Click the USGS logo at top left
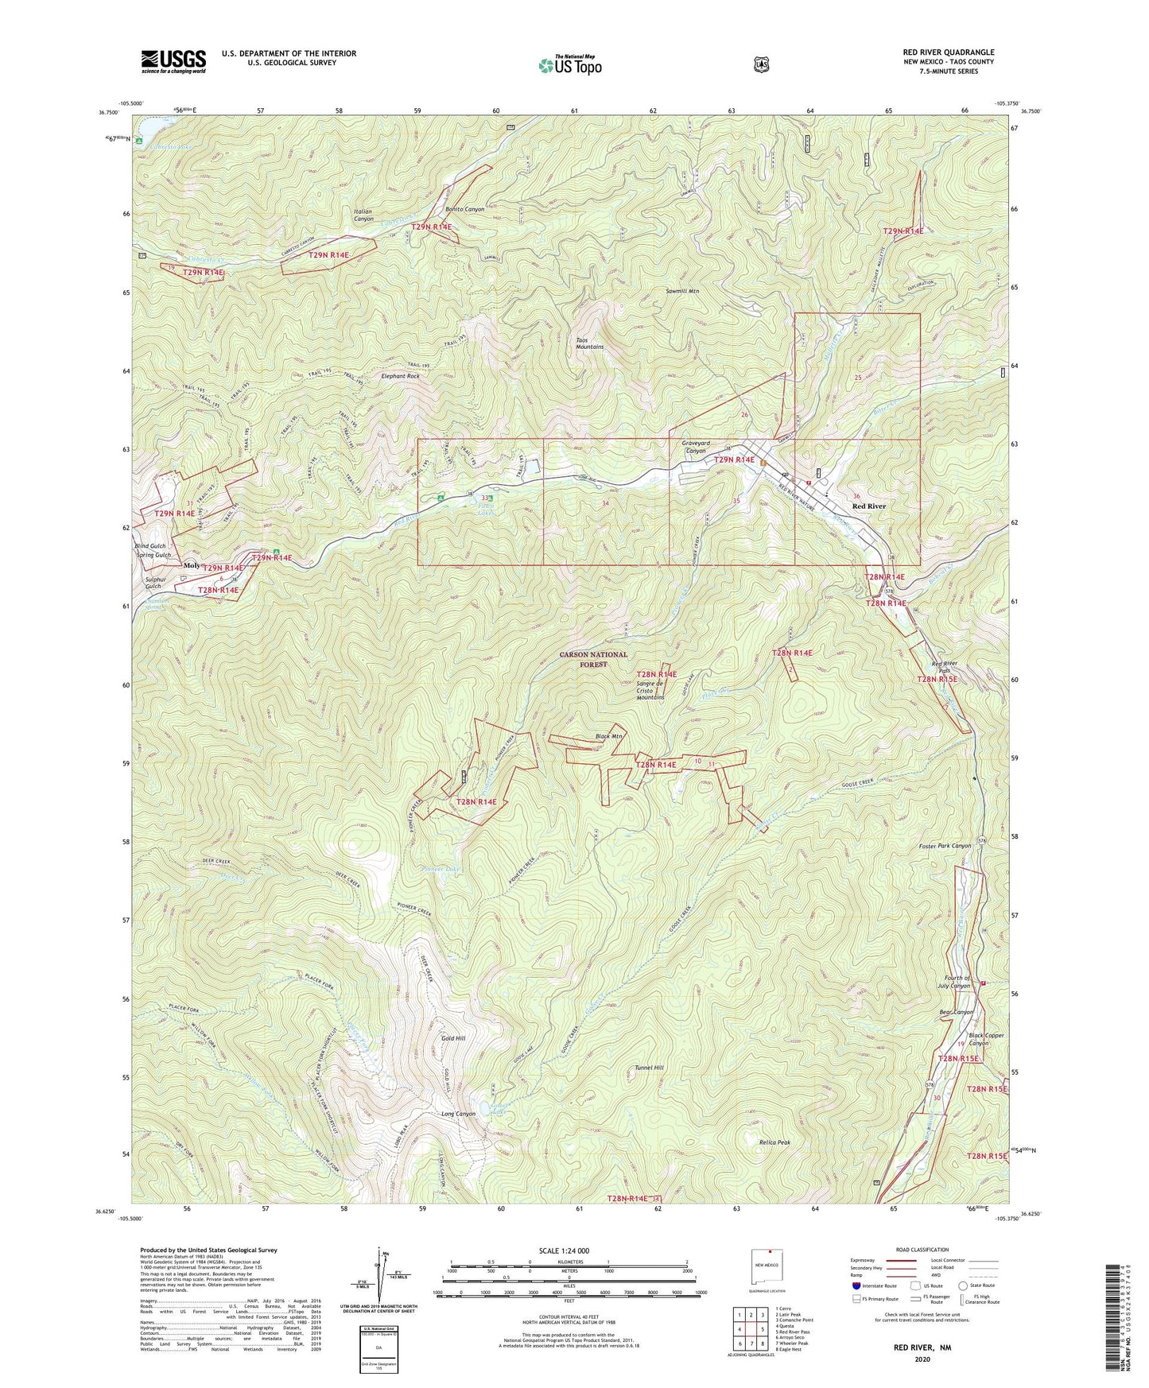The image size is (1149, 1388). [x=173, y=61]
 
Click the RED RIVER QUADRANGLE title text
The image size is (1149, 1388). [x=943, y=52]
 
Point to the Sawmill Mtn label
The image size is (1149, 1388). [x=682, y=292]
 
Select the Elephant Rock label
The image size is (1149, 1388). [x=400, y=376]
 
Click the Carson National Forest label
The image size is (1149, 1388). [x=593, y=659]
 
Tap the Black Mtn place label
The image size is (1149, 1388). [x=608, y=737]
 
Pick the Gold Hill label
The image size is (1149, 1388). [x=453, y=1039]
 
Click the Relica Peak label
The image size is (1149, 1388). [x=774, y=1142]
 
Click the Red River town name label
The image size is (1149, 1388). [x=868, y=506]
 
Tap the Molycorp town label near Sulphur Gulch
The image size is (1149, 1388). [x=193, y=566]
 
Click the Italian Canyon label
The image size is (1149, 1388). [x=363, y=215]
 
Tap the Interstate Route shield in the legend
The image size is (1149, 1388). [x=856, y=1285]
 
